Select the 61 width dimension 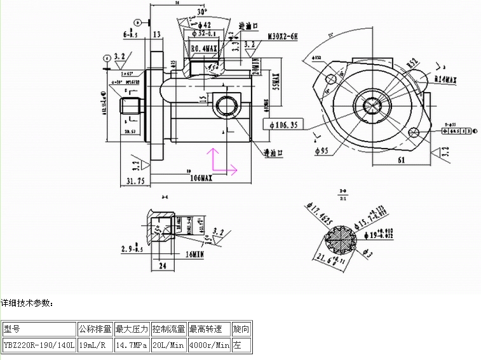402,160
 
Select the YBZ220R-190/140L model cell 39,345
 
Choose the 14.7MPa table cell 132,345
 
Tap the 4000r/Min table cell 209,345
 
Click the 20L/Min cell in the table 168,345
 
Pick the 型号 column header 12,329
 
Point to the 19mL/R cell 95,345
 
